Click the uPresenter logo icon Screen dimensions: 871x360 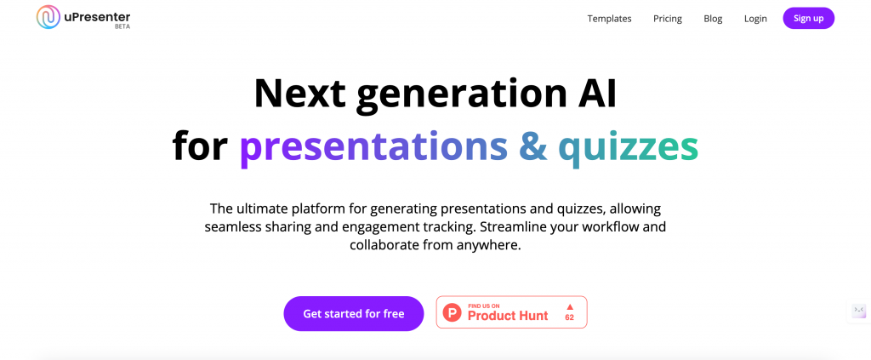tap(48, 17)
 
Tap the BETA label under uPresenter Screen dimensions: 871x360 tap(122, 26)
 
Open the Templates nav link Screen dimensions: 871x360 tap(609, 19)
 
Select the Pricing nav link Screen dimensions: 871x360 tap(667, 19)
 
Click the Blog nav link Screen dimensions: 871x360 tap(713, 19)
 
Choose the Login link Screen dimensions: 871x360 tap(755, 19)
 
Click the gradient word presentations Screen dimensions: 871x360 tap(373, 148)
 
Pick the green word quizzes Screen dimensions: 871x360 tap(629, 148)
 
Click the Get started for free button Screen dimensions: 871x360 tap(353, 313)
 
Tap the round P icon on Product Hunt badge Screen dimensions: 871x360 tap(453, 313)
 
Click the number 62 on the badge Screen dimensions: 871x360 tap(569, 317)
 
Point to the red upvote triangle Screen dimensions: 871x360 tap(569, 306)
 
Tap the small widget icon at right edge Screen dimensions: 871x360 tap(859, 310)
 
